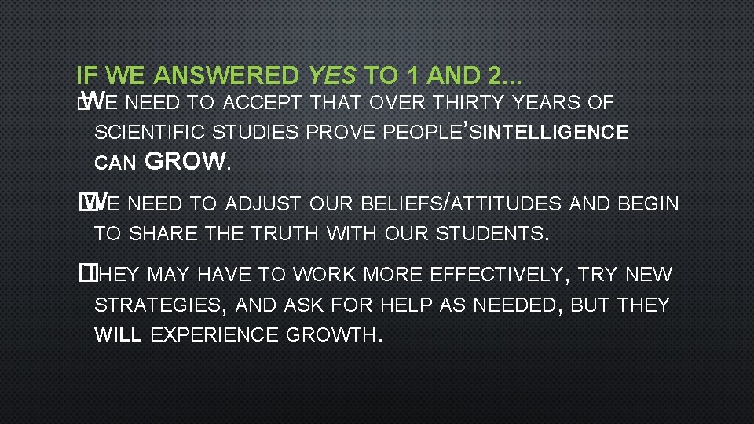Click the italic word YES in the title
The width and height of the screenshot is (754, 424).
pos(333,76)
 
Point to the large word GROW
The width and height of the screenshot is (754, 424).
pos(185,162)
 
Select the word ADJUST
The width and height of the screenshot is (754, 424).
pos(264,204)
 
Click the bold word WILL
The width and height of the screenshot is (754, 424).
pos(118,334)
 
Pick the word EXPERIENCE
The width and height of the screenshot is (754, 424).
pos(214,334)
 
